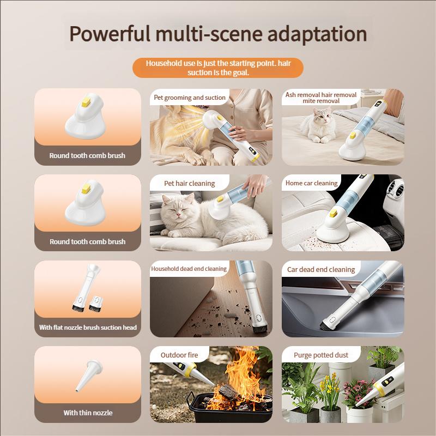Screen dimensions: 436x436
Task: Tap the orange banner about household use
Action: (x=217, y=68)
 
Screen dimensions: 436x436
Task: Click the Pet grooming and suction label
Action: (x=190, y=98)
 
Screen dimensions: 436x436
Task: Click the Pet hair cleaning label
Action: (x=190, y=184)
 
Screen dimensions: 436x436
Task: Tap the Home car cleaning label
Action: (x=312, y=183)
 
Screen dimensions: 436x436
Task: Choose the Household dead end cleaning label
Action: (x=189, y=269)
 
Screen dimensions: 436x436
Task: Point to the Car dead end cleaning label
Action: (x=321, y=269)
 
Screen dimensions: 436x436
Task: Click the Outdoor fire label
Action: (x=179, y=355)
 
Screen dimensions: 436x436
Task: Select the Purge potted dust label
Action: (x=321, y=355)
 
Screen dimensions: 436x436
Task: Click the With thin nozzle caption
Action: (x=88, y=413)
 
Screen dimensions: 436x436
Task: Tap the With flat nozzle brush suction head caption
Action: (x=88, y=328)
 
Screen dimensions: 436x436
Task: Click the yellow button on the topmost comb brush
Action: (x=86, y=100)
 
